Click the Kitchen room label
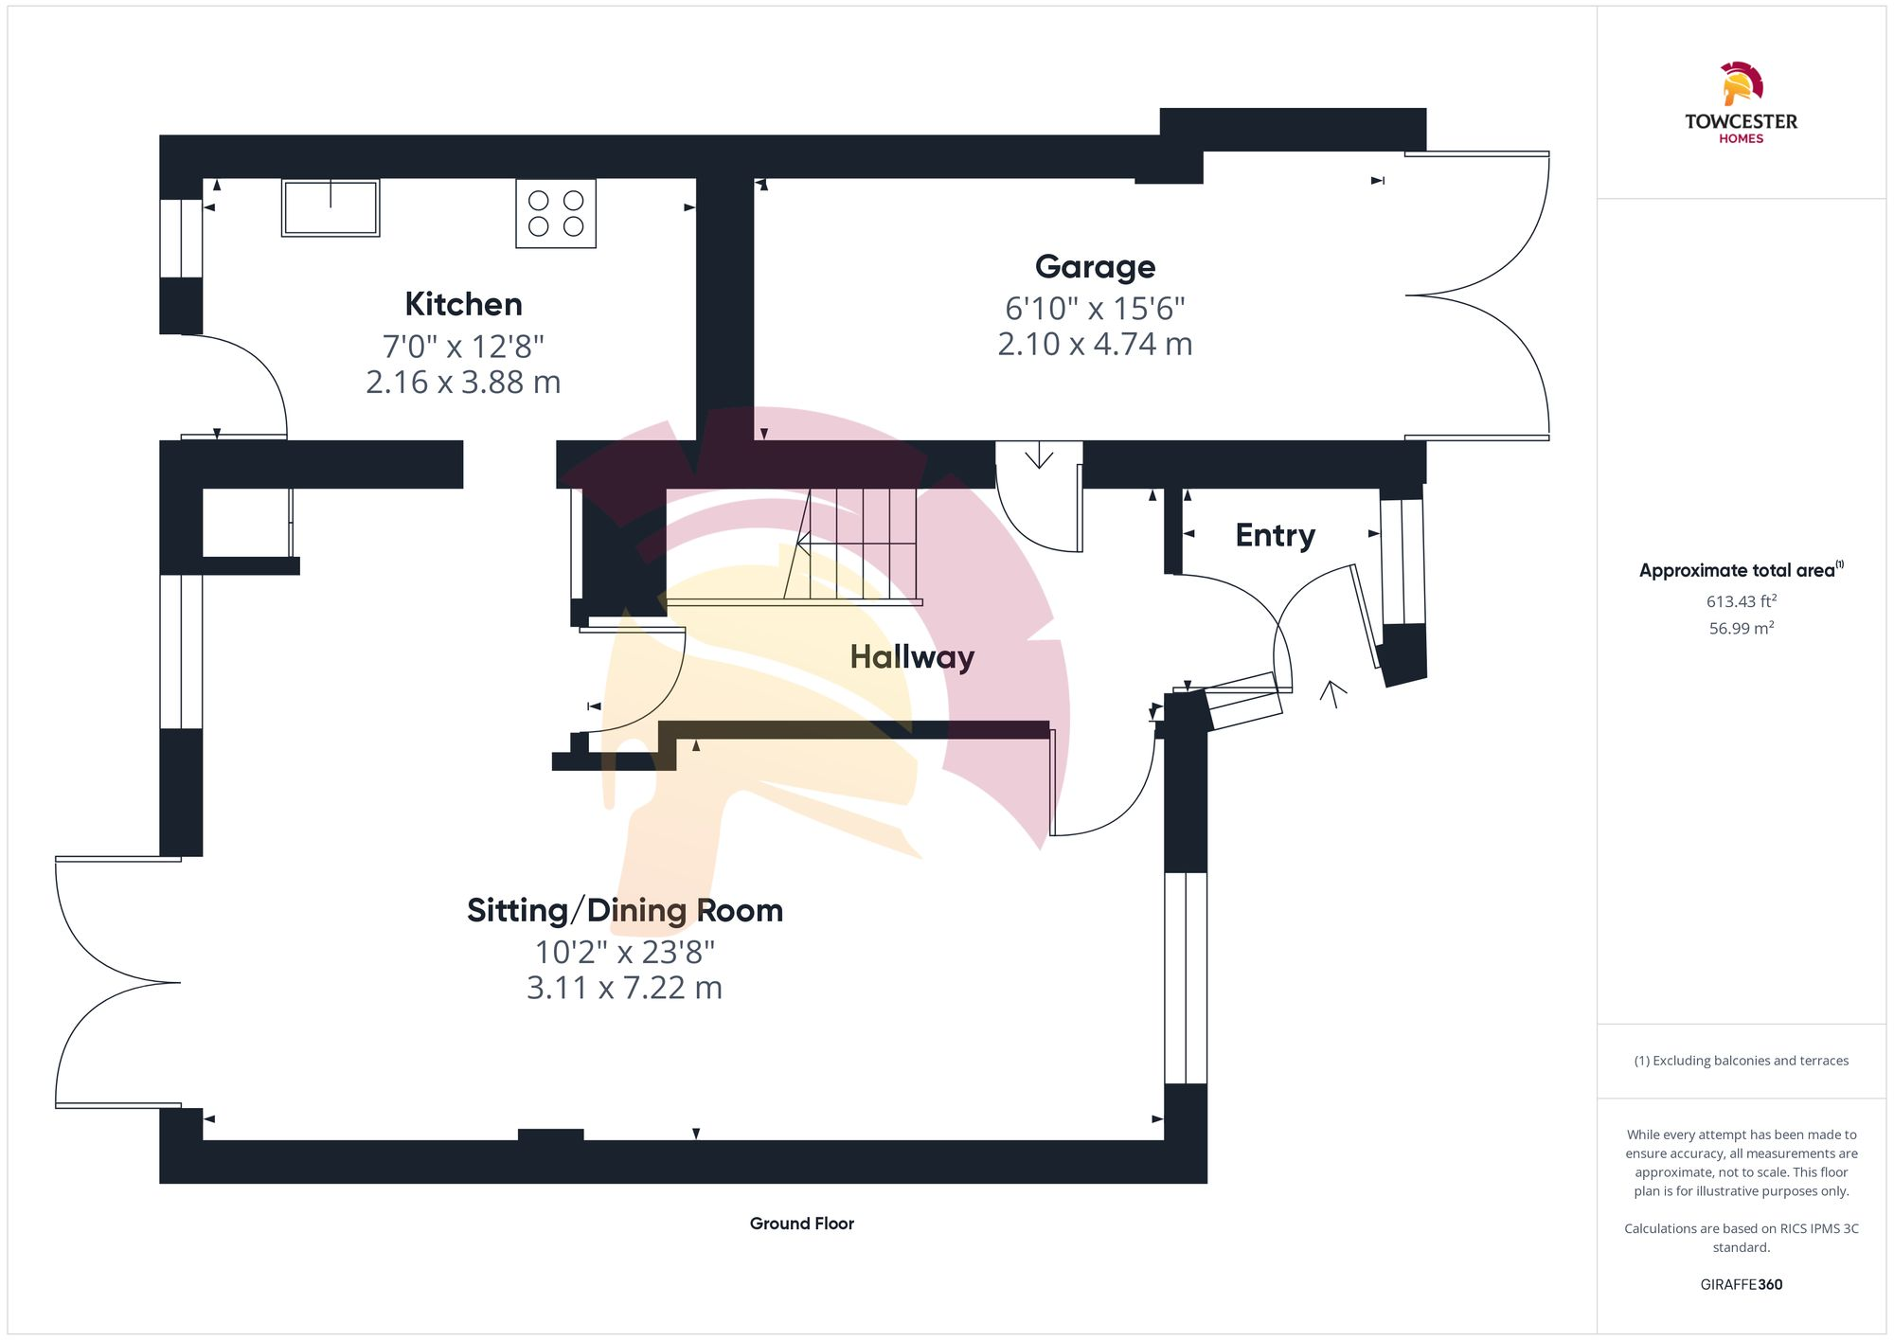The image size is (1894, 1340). (x=463, y=304)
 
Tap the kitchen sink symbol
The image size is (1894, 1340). (x=331, y=207)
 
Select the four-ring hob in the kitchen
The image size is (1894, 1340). (x=556, y=213)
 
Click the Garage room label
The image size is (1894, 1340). (x=1095, y=266)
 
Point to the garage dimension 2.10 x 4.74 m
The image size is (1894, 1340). (x=1095, y=344)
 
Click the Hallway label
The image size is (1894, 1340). (x=911, y=656)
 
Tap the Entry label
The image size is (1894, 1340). (x=1275, y=535)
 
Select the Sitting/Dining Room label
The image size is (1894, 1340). (x=625, y=910)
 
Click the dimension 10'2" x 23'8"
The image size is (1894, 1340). (x=625, y=951)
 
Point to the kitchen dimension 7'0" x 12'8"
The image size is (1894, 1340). (x=463, y=346)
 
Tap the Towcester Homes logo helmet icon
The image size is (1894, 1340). (x=1741, y=84)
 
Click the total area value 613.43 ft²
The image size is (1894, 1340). (x=1741, y=601)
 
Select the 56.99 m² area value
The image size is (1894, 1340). (x=1741, y=628)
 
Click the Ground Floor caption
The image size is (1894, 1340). (x=801, y=1224)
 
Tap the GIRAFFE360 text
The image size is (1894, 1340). (x=1741, y=1284)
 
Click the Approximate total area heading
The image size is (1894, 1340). (x=1737, y=570)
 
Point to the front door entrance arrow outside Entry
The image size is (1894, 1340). (x=1333, y=693)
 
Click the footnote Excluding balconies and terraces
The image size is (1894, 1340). (x=1741, y=1061)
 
